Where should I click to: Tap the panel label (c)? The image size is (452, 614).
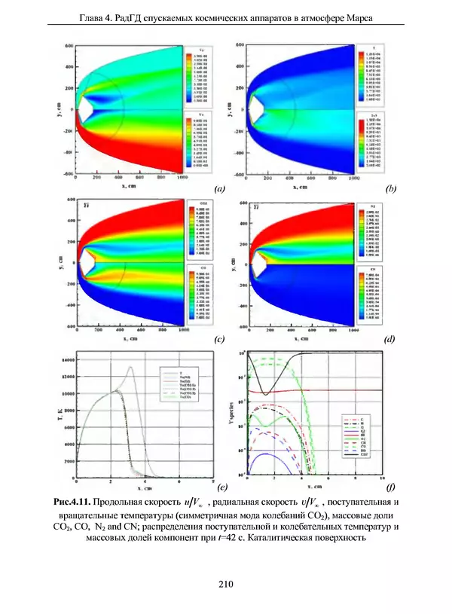coord(219,341)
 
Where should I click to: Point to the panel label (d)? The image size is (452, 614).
coord(390,341)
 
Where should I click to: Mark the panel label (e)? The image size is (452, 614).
coord(219,488)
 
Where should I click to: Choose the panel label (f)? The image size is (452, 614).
coord(390,488)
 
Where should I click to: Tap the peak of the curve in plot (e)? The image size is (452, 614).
coord(130,368)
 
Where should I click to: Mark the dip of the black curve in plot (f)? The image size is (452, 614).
coord(265,393)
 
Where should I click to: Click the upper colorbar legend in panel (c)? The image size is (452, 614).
coord(197,231)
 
